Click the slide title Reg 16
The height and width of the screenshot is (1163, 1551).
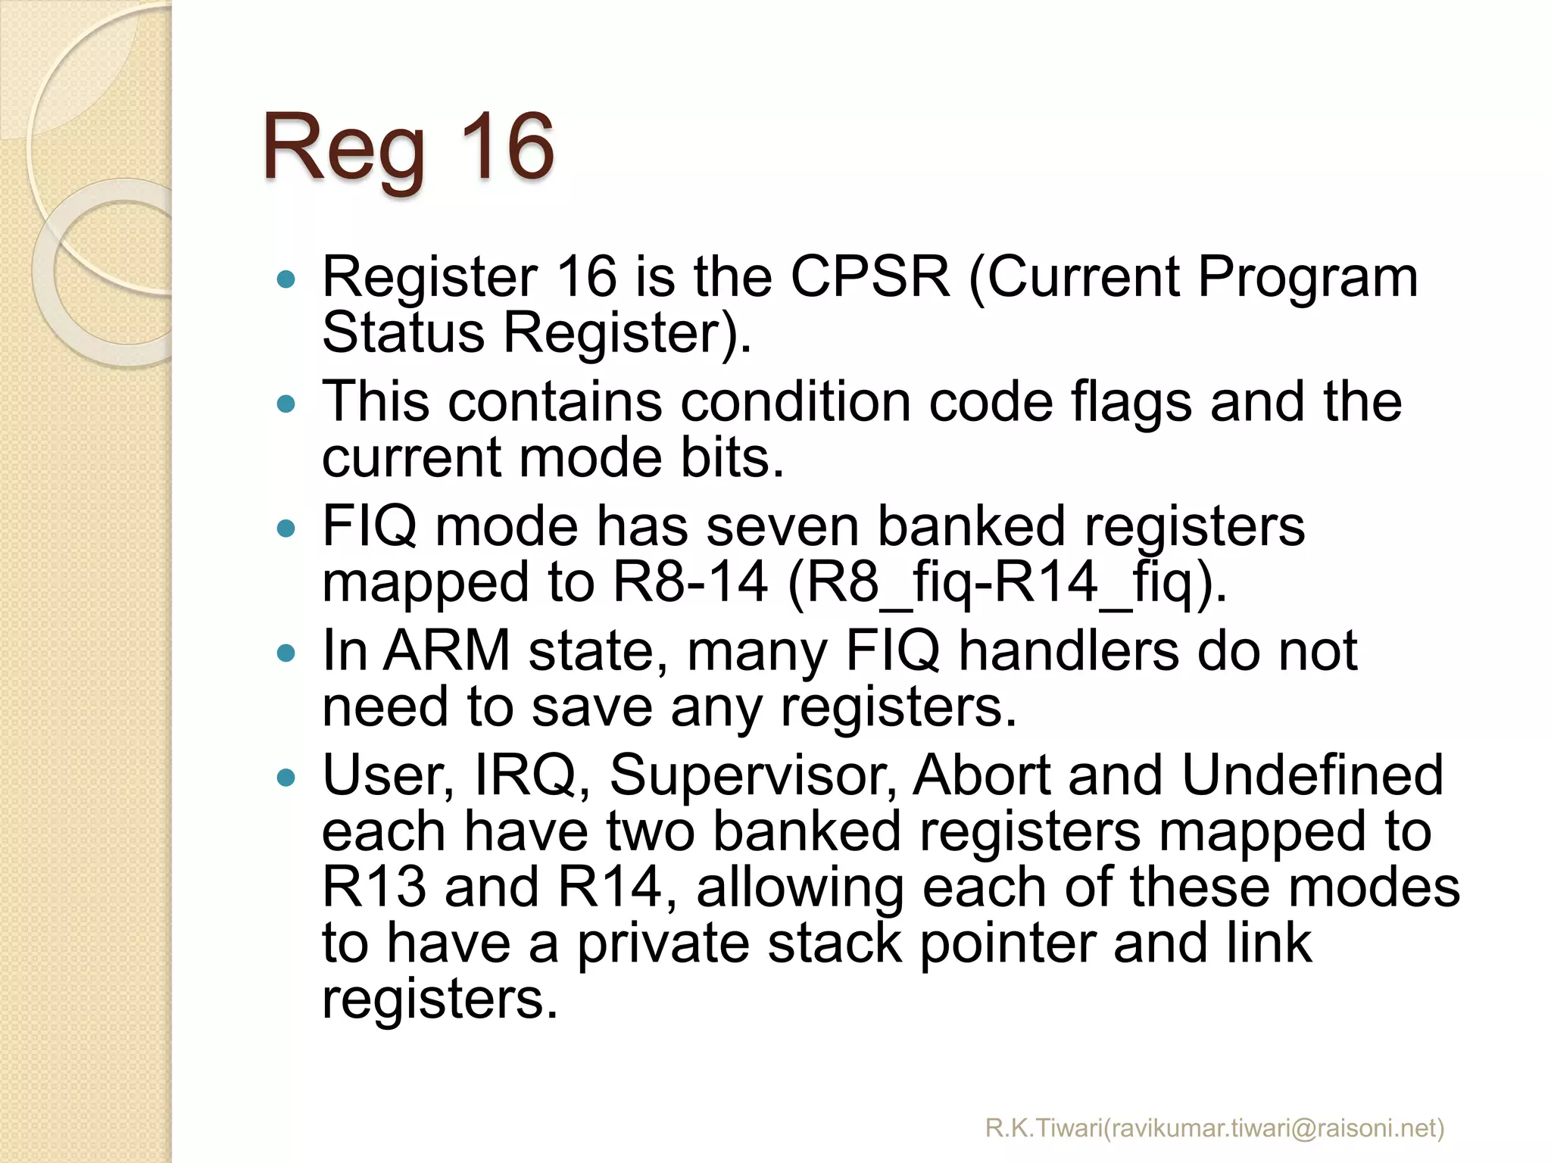click(408, 147)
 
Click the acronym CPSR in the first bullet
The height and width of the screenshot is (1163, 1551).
click(869, 276)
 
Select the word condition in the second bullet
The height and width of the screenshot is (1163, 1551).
click(794, 401)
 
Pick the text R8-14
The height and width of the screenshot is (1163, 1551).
click(690, 582)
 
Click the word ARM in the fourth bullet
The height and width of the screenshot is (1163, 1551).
click(447, 650)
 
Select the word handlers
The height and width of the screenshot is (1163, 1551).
click(1068, 650)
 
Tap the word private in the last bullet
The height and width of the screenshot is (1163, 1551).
click(663, 944)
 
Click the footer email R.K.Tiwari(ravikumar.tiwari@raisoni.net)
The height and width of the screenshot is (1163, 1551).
click(1215, 1128)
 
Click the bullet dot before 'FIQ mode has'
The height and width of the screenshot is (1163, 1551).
click(286, 528)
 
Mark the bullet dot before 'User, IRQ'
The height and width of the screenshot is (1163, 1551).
click(286, 777)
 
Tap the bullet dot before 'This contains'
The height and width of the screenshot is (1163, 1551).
click(286, 404)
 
